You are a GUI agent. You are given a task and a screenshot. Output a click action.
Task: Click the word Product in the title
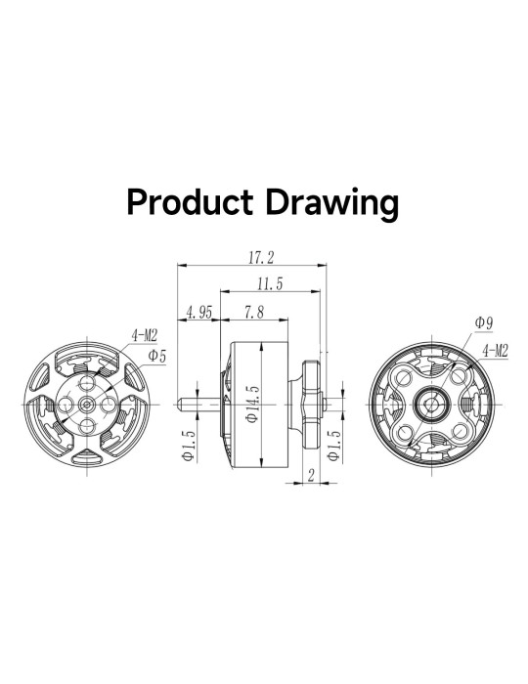(x=190, y=202)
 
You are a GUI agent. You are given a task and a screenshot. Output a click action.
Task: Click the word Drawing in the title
(x=332, y=204)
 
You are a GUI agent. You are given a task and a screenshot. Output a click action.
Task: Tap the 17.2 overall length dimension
(x=261, y=257)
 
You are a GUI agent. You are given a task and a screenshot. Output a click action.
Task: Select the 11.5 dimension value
(x=270, y=284)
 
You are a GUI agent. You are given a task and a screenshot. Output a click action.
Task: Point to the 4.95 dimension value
(x=198, y=313)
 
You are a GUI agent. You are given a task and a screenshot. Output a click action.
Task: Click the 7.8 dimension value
(x=254, y=313)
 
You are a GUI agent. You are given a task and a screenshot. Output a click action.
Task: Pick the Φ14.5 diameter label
(x=252, y=404)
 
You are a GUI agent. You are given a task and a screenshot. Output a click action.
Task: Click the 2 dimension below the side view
(x=311, y=475)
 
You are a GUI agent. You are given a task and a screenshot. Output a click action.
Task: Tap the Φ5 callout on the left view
(x=157, y=356)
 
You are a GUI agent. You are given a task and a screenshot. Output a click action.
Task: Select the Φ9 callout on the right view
(x=483, y=322)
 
